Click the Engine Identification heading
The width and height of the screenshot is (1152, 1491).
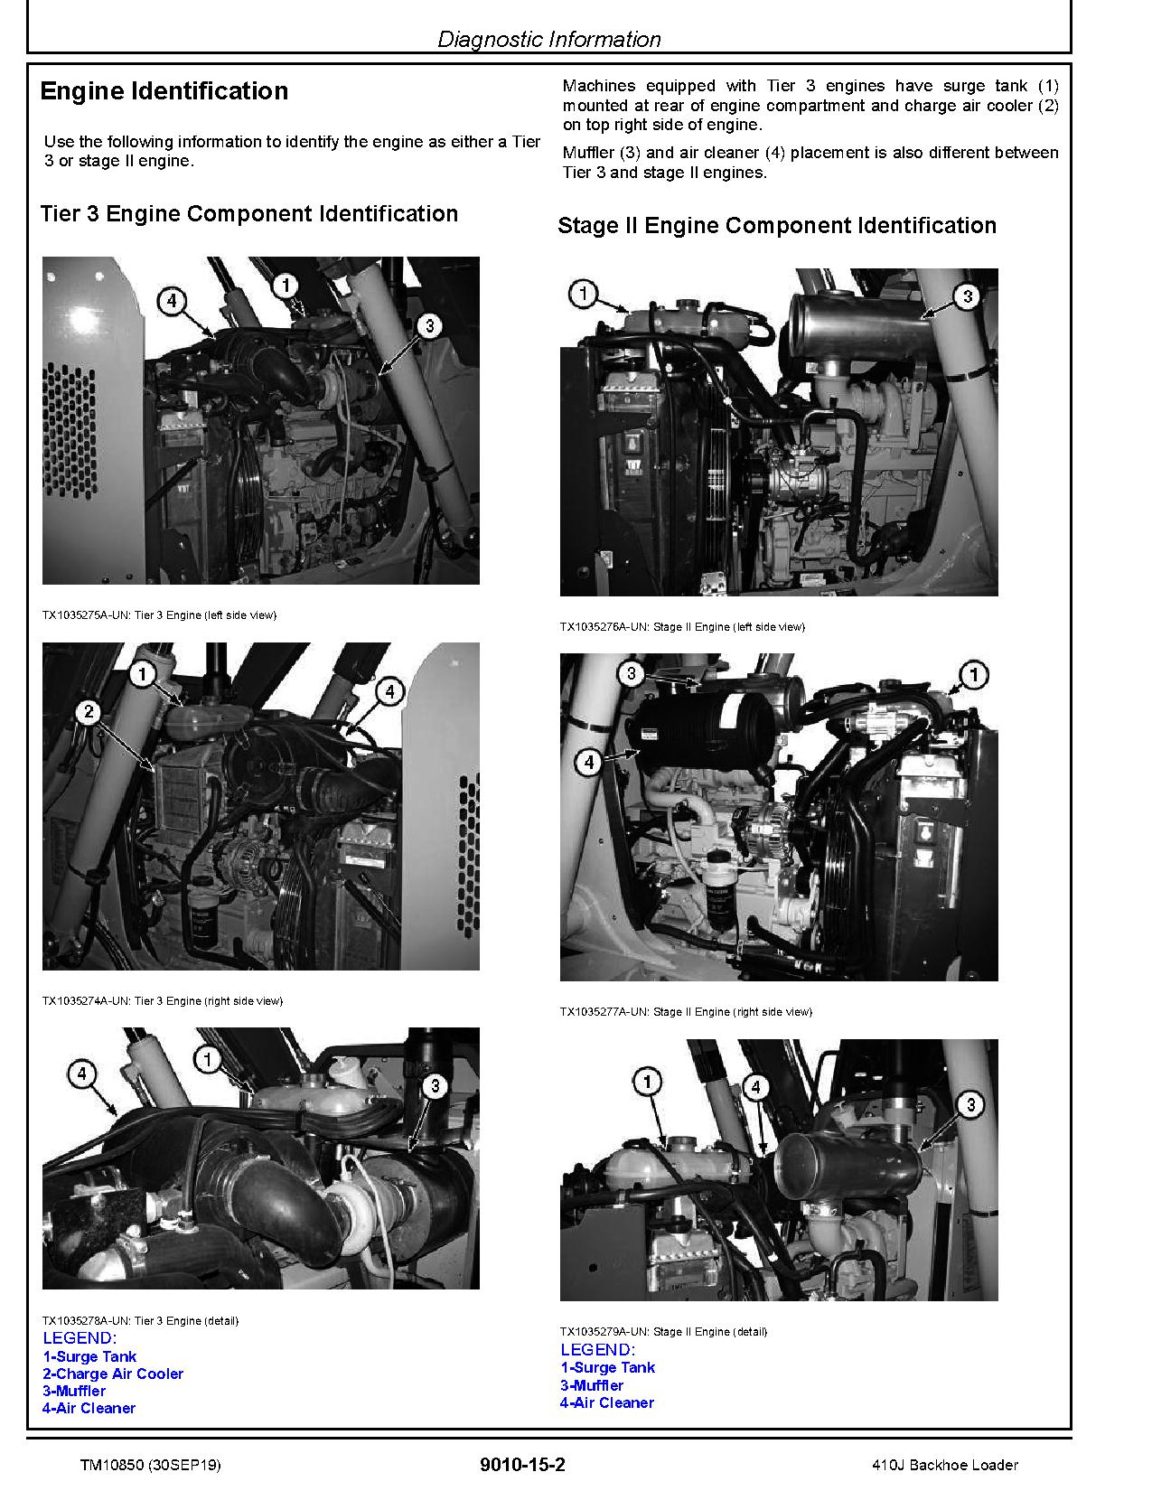(164, 91)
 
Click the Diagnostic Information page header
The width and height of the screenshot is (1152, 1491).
(548, 39)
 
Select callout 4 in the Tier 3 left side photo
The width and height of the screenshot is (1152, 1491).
(172, 301)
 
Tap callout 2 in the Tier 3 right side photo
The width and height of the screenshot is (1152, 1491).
(89, 712)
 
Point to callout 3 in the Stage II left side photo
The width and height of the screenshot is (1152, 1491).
(967, 296)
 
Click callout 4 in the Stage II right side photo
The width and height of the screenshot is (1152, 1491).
(588, 763)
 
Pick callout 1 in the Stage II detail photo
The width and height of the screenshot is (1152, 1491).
(647, 1081)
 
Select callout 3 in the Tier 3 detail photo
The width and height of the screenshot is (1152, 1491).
(435, 1085)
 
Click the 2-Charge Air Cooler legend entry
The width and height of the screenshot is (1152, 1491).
(113, 1374)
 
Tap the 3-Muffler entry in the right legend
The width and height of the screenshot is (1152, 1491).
(592, 1385)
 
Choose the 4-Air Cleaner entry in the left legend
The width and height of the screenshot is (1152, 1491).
(89, 1408)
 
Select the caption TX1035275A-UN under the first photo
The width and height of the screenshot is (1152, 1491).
(159, 615)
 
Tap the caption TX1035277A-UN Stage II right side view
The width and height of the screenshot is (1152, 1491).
(685, 1011)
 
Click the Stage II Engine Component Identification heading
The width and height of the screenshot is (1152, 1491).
(777, 226)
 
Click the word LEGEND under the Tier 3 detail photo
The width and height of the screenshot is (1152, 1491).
(80, 1338)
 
